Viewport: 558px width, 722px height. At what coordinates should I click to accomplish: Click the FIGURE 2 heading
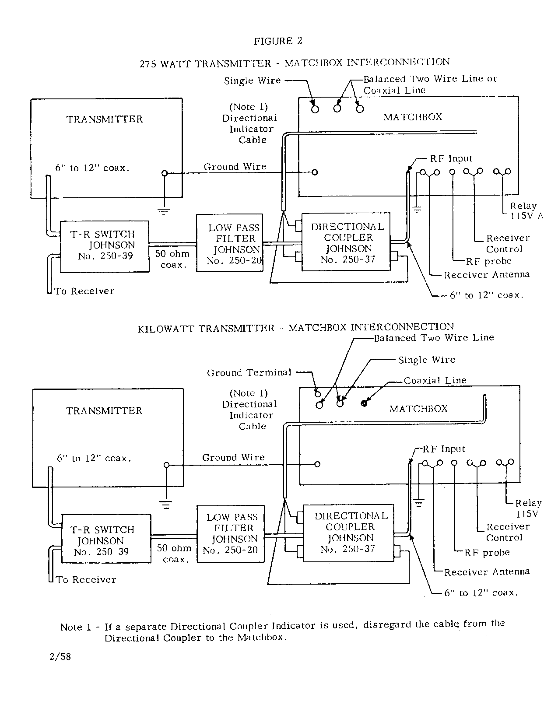pos(278,41)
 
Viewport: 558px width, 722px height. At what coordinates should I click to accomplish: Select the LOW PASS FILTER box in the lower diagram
pos(231,533)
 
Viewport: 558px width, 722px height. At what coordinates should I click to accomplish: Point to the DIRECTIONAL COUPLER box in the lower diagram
pos(350,533)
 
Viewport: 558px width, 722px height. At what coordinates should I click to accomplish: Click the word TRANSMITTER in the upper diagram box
pos(105,119)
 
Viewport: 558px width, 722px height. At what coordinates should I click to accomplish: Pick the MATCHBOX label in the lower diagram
pos(419,409)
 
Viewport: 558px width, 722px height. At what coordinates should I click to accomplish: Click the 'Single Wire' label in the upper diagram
pos(252,81)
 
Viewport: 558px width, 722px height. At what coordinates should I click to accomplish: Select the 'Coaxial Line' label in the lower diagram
pos(435,381)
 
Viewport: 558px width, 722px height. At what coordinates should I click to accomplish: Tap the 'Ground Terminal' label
pos(249,373)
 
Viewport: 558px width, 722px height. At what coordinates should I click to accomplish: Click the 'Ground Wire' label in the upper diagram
pos(235,167)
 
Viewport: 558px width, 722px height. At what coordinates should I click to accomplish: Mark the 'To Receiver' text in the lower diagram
pos(86,580)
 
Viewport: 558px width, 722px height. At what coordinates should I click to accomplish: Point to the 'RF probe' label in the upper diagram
pos(488,261)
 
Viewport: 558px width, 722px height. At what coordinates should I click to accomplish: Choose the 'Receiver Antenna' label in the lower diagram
pos(487,572)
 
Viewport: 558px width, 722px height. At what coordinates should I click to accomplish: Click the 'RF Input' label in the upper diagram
pos(451,159)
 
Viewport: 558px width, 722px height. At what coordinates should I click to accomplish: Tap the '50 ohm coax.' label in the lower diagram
pos(174,554)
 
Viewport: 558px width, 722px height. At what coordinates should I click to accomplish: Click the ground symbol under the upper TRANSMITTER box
pos(165,212)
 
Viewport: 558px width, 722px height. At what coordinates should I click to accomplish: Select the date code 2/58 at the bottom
pos(60,657)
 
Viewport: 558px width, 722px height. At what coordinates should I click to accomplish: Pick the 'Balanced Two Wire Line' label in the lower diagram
pos(434,338)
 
